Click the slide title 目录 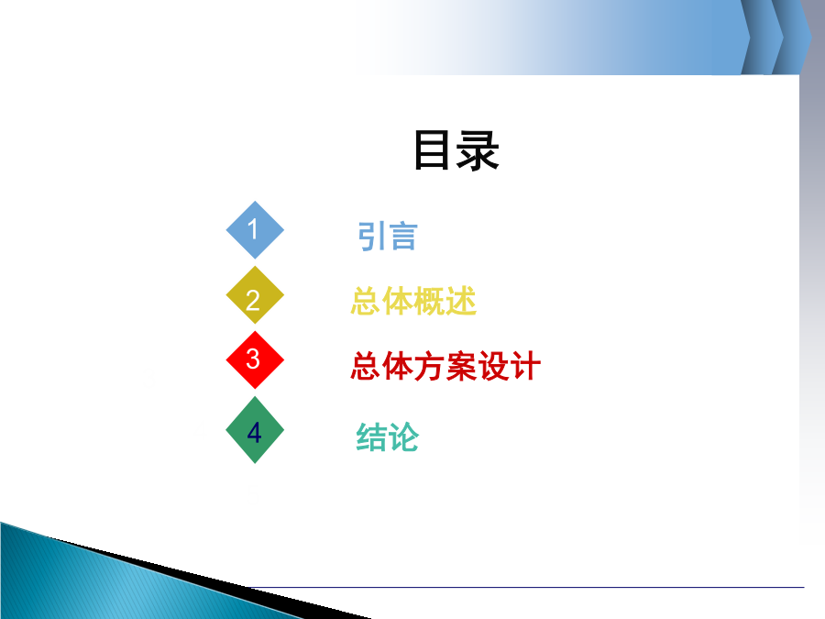click(x=456, y=150)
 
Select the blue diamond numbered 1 click(x=255, y=230)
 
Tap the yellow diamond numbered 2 click(x=255, y=294)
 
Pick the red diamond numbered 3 click(x=255, y=360)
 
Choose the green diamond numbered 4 click(x=255, y=429)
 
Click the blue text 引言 click(x=388, y=237)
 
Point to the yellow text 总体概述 click(x=413, y=301)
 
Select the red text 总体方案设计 click(x=445, y=366)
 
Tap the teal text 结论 click(x=388, y=437)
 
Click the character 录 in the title click(x=478, y=151)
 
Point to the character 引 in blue click(x=371, y=237)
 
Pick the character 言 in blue click(x=403, y=237)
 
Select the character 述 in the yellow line click(x=461, y=301)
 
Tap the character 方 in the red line click(x=430, y=366)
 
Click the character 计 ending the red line click(x=525, y=366)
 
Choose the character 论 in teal click(x=403, y=437)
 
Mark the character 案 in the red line click(x=461, y=366)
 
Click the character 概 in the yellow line click(x=429, y=301)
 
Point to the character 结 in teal click(x=372, y=437)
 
